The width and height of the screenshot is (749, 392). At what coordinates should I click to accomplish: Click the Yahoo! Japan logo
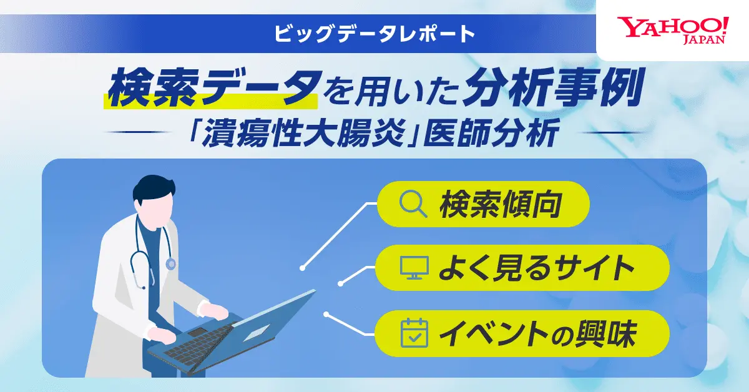(x=672, y=31)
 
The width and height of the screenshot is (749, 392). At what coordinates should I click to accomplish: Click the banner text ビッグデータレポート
(x=374, y=34)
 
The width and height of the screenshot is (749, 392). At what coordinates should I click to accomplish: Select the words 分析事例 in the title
(x=552, y=88)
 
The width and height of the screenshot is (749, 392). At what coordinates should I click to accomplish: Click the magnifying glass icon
(x=413, y=204)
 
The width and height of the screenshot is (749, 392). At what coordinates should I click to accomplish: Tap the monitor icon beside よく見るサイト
(x=414, y=268)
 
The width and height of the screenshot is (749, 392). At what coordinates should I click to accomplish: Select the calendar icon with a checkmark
(x=414, y=333)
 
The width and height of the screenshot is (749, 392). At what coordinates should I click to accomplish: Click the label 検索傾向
(x=500, y=204)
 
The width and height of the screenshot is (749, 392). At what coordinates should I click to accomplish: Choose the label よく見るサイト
(x=536, y=268)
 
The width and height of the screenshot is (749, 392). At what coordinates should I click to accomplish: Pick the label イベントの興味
(x=537, y=334)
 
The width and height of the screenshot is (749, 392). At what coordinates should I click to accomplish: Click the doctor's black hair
(x=154, y=190)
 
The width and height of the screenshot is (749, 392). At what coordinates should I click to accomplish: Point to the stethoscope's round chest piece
(x=170, y=264)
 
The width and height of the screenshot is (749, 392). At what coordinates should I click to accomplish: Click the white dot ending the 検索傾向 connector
(x=302, y=268)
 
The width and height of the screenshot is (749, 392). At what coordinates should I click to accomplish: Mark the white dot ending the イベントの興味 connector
(x=326, y=315)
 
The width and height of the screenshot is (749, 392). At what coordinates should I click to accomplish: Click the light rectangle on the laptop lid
(x=257, y=333)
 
